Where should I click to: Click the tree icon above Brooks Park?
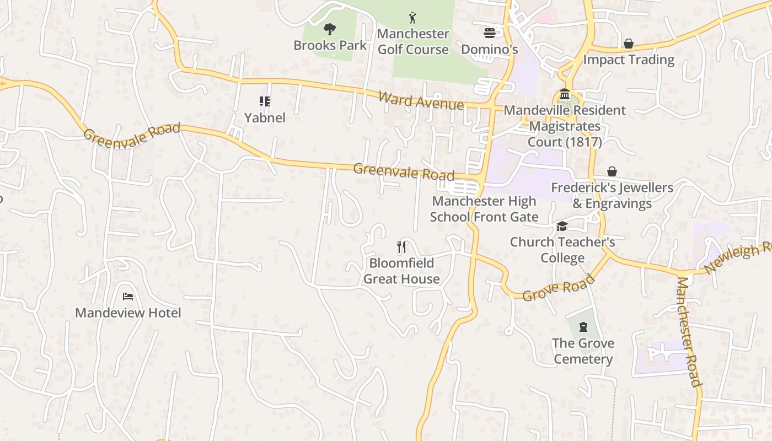point(330,29)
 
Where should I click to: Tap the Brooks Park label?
point(330,45)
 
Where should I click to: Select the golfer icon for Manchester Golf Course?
point(412,18)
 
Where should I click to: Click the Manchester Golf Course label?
point(413,41)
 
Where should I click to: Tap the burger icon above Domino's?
point(489,33)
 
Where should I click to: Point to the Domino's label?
point(489,50)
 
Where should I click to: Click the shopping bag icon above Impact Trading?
point(628,43)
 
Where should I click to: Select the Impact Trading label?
point(629,60)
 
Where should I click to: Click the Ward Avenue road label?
point(421,100)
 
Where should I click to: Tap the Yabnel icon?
point(265,101)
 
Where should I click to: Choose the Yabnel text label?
point(265,117)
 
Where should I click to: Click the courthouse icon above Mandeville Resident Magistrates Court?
point(564,94)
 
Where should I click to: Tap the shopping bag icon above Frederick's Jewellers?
point(612,171)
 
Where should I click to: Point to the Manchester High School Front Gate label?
point(484,209)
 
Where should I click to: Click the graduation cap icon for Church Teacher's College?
point(562,226)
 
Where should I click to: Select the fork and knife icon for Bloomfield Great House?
point(401,246)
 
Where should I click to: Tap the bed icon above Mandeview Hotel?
point(128,297)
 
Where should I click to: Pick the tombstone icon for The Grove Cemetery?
point(583,327)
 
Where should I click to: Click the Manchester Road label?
point(689,332)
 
